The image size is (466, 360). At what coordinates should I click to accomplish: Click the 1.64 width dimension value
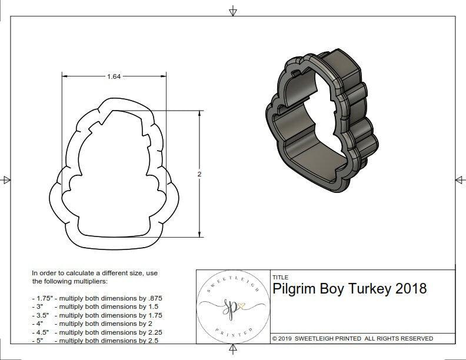pos(114,76)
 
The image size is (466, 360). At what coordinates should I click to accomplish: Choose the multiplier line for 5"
pos(95,341)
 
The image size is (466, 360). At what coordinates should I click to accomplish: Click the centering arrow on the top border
pos(233,11)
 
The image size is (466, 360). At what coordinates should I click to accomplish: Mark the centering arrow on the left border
pos(6,180)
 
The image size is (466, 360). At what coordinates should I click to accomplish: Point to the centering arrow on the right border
pos(460,180)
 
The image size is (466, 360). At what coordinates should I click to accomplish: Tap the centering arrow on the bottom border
pos(233,351)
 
